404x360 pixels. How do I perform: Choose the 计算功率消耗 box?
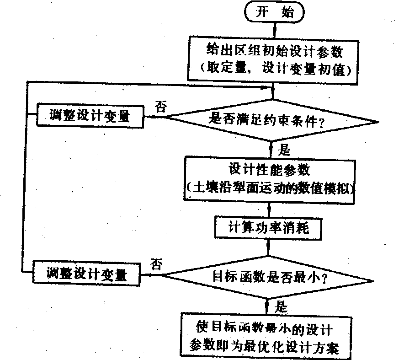(268, 227)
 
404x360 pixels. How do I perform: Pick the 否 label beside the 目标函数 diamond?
(156, 265)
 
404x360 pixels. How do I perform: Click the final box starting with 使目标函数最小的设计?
(266, 336)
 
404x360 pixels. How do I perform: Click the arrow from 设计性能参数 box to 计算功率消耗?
(270, 208)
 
